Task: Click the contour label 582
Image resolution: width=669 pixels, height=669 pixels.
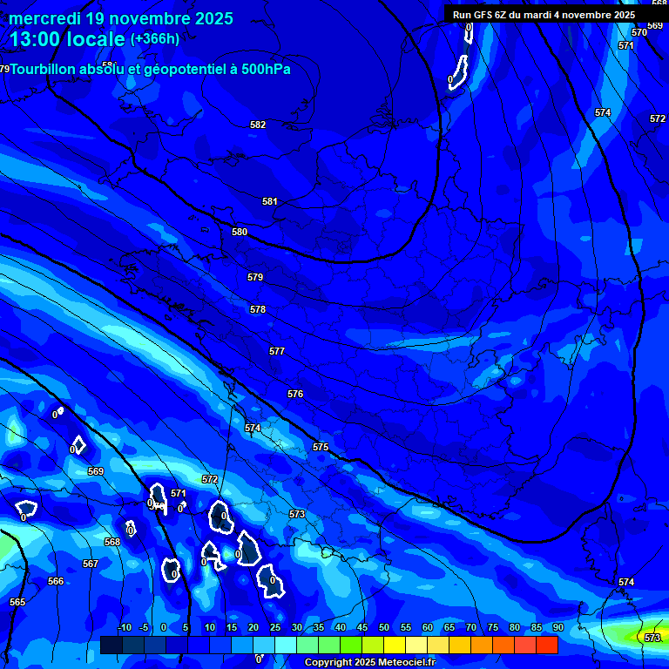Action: coord(258,125)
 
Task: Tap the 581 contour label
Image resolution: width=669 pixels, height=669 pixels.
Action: coord(270,201)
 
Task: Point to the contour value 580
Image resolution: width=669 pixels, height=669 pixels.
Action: coord(240,232)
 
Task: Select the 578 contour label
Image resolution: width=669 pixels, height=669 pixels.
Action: coord(258,309)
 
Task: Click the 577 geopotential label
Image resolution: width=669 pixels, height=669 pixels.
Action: coord(277,351)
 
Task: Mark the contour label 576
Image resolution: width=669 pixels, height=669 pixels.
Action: coord(295,394)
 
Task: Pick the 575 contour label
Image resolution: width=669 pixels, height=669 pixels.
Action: coord(321,447)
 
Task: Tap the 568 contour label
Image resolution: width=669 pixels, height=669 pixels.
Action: coord(112,542)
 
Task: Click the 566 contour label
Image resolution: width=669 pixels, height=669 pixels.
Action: coord(56,581)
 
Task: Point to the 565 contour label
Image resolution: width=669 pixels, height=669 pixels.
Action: coord(17,602)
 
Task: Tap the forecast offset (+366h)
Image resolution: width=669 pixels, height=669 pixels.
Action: coord(155,39)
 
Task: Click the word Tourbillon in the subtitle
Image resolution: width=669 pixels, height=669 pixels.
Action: coord(47,70)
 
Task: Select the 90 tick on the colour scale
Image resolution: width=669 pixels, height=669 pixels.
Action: coord(557,628)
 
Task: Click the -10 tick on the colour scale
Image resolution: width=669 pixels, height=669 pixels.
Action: coord(125,628)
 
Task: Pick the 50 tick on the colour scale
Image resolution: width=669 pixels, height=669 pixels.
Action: coord(384,628)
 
